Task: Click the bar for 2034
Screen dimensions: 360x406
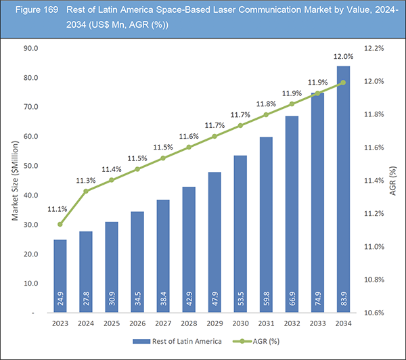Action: pos(343,189)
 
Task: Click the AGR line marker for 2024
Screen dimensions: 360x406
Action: pos(86,192)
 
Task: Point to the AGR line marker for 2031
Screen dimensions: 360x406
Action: pos(266,114)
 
